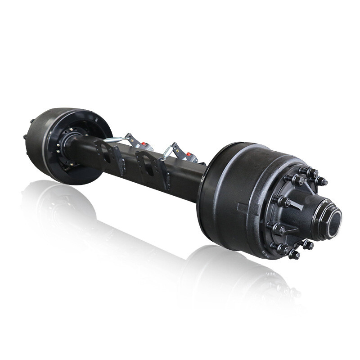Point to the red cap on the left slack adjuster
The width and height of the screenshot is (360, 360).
point(143,145)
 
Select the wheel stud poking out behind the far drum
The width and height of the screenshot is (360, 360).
point(25,136)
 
